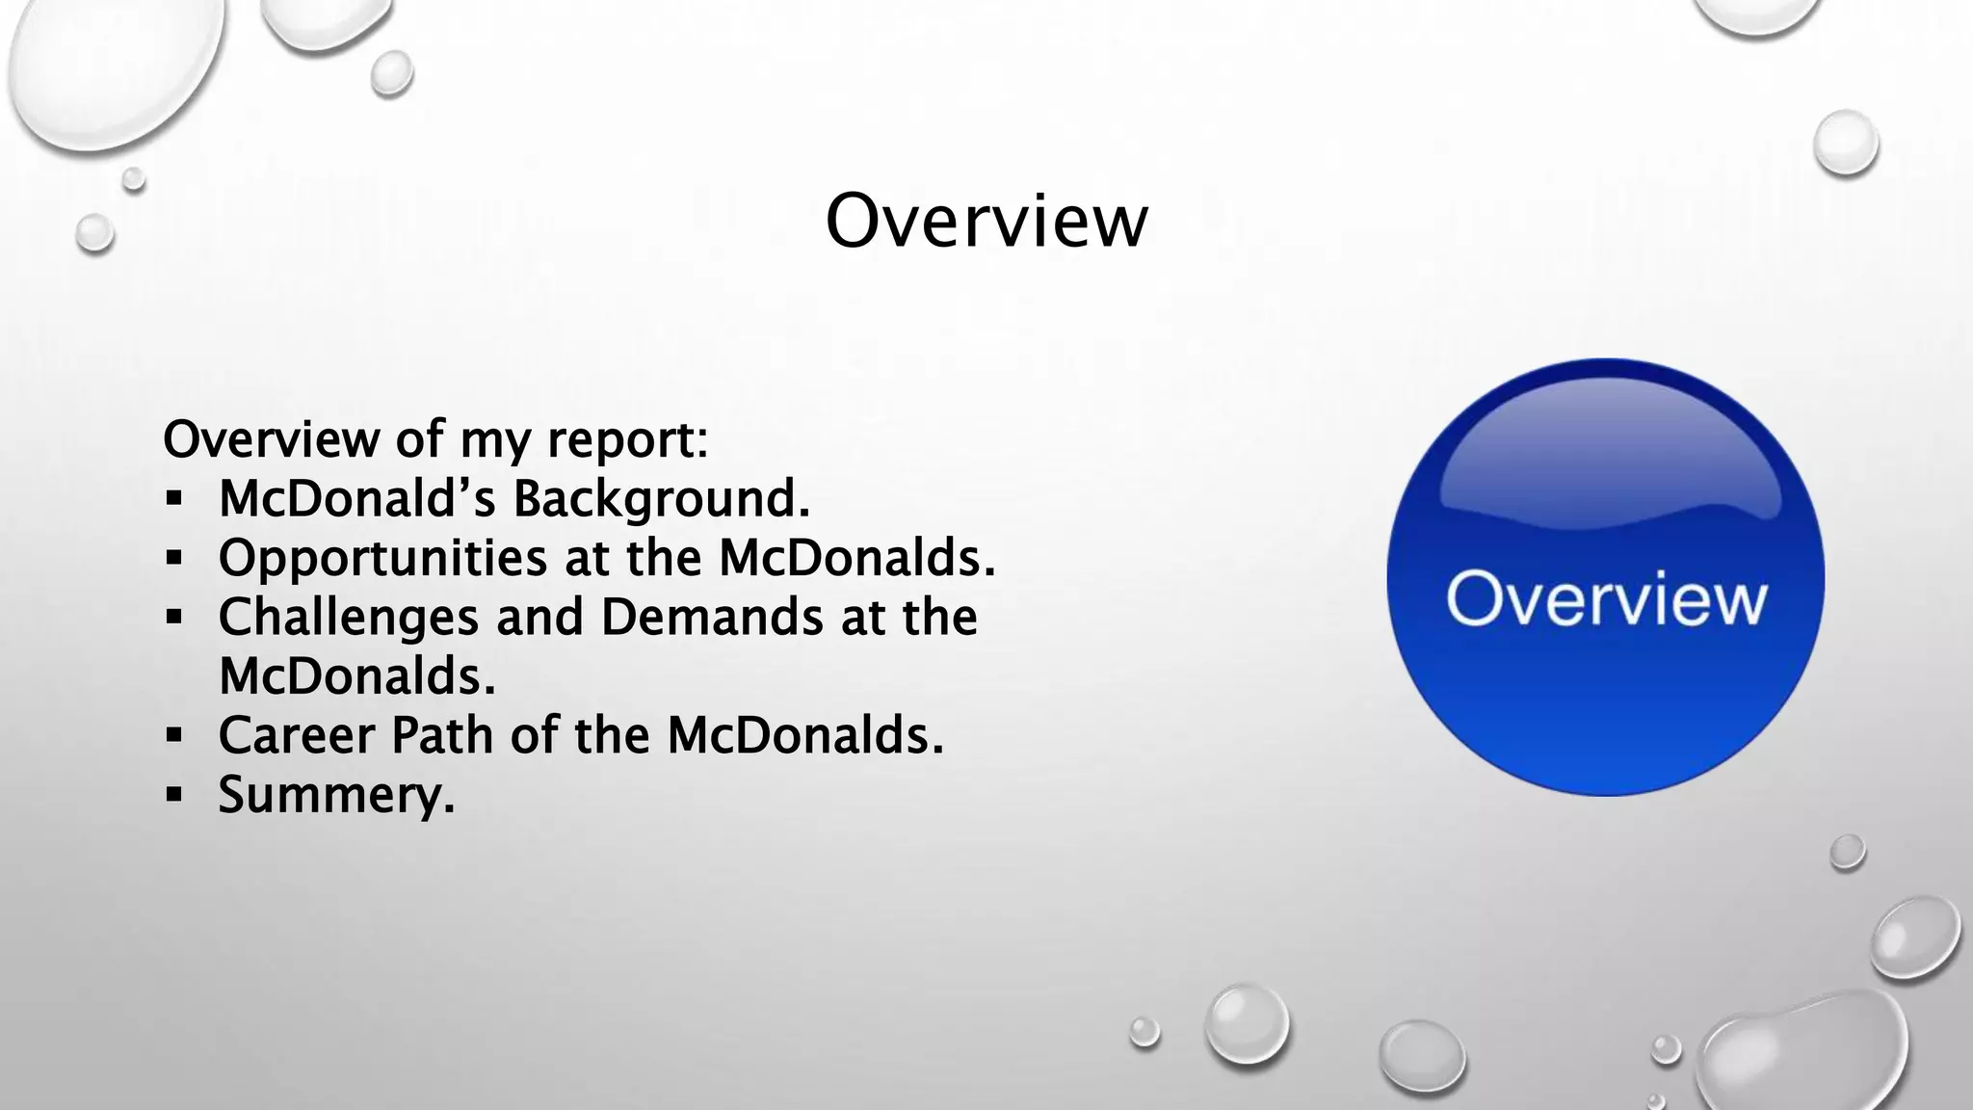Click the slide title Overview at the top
pos(986,221)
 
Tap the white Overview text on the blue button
pos(1606,599)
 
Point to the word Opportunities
pos(382,559)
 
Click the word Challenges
pos(348,617)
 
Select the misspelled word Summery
pos(335,796)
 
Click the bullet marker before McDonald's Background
pos(173,499)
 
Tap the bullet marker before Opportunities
pos(173,558)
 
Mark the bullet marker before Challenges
pos(173,617)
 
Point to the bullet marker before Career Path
pos(173,736)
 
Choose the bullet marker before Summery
pos(173,795)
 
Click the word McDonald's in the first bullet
pos(357,499)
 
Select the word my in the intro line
pos(495,441)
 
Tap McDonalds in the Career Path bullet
pos(804,735)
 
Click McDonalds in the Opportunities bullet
pos(856,559)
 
